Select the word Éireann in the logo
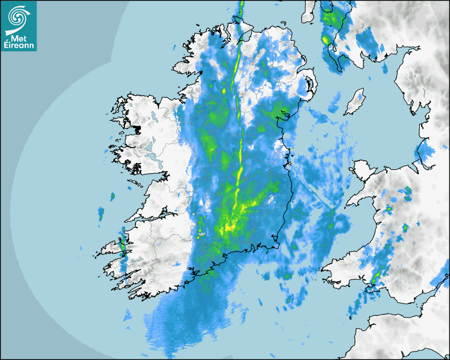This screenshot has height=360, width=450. point(19,45)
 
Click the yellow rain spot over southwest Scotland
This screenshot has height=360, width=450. point(326,39)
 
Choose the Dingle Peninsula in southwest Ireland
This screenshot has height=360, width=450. point(109,248)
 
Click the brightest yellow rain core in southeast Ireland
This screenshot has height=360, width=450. point(230,228)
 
